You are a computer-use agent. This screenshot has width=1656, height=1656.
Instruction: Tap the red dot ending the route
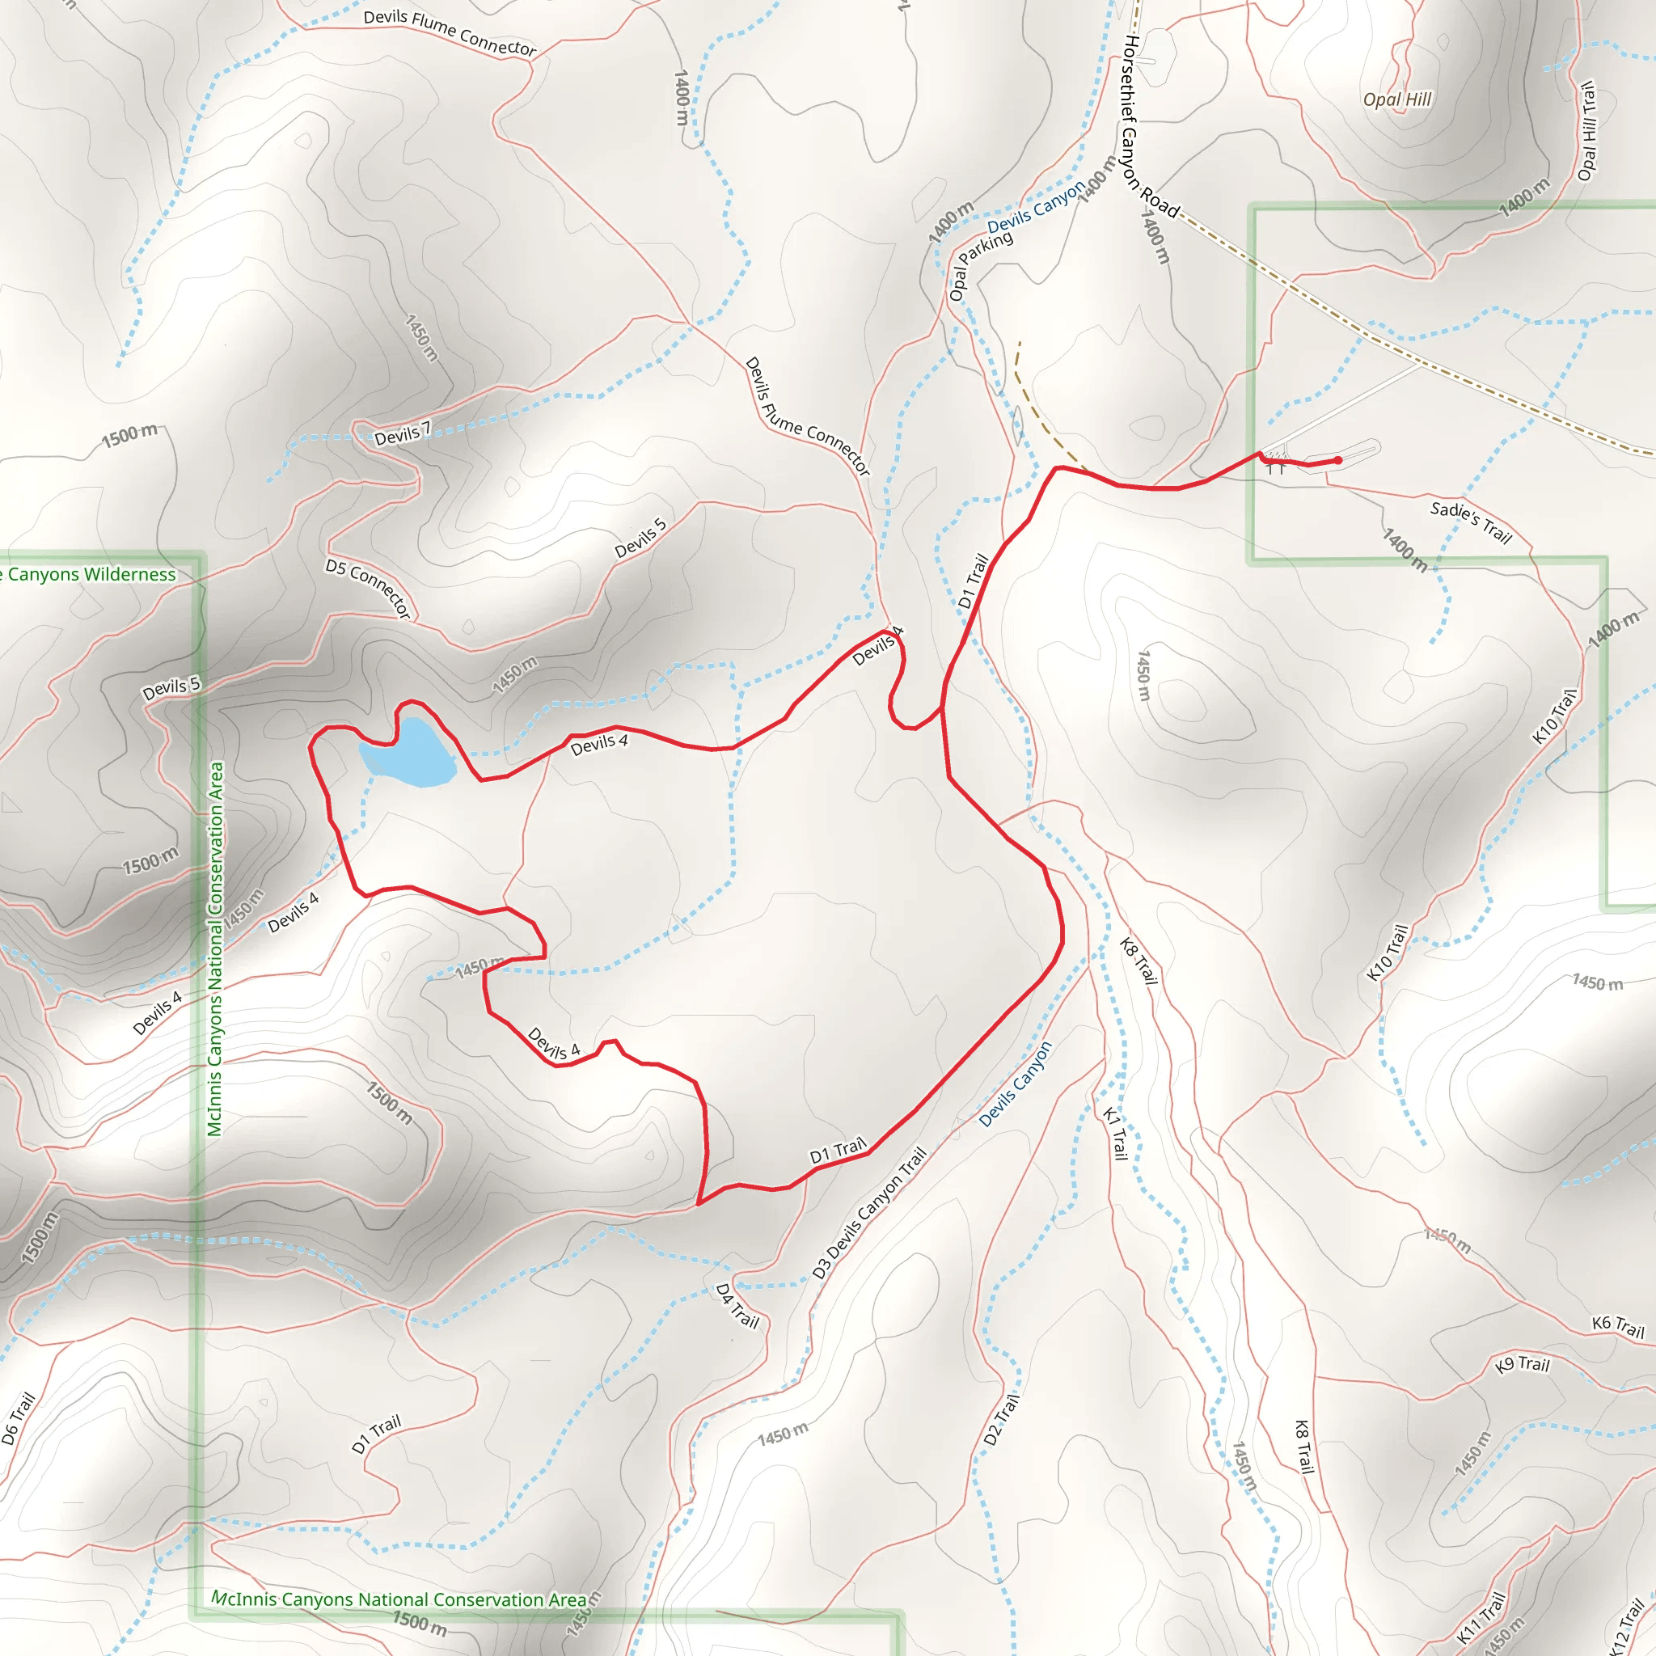(x=1338, y=460)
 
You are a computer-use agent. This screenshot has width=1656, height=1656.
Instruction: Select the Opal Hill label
(x=1397, y=99)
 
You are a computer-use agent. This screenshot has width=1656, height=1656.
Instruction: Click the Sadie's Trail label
(x=1471, y=522)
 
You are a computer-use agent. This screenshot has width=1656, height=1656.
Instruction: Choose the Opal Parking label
(x=981, y=266)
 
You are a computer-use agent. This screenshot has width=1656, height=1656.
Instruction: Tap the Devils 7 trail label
(x=402, y=434)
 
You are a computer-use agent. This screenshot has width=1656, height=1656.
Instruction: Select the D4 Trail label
(x=737, y=1305)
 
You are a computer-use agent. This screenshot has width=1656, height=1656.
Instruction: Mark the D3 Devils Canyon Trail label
(x=869, y=1214)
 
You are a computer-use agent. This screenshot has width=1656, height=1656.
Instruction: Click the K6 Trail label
(x=1617, y=1327)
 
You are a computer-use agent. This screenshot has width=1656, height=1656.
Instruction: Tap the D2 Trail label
(x=1001, y=1419)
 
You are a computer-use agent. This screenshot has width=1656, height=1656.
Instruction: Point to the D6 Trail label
(x=18, y=1418)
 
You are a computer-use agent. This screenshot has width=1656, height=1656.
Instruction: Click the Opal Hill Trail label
(x=1587, y=130)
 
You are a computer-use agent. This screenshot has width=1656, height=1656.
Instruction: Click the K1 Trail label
(x=1114, y=1133)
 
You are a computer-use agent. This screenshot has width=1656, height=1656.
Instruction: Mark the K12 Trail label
(x=1625, y=1625)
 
